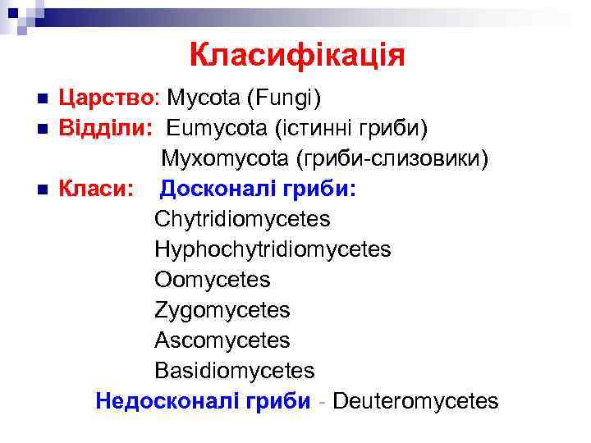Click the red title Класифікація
coord(296,57)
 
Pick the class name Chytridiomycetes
coord(242,220)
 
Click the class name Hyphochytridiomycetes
coord(273,249)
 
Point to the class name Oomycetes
coord(212,280)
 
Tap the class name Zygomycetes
coord(222,310)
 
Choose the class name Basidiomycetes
coord(234,371)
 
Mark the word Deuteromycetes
coord(415,401)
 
